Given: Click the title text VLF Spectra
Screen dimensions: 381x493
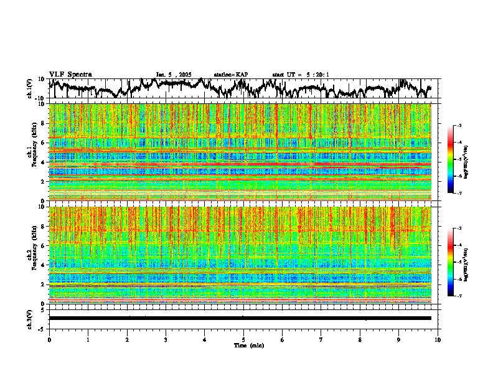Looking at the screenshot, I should pyautogui.click(x=70, y=74).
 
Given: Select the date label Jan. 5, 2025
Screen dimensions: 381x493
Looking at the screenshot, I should pyautogui.click(x=174, y=74).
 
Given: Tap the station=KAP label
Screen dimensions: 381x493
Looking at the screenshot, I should pyautogui.click(x=230, y=74).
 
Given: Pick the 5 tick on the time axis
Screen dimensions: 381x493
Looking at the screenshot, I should pyautogui.click(x=243, y=339).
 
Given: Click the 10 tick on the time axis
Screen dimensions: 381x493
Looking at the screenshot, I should pyautogui.click(x=438, y=339).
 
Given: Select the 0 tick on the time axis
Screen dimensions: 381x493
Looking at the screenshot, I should pyautogui.click(x=49, y=339).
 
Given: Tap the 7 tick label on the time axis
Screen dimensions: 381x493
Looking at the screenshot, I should pyautogui.click(x=321, y=339).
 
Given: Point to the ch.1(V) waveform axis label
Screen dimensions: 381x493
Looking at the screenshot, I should pyautogui.click(x=31, y=88).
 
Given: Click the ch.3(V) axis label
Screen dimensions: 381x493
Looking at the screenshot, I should pyautogui.click(x=31, y=318).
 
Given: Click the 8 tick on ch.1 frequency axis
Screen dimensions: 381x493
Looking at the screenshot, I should pyautogui.click(x=44, y=123).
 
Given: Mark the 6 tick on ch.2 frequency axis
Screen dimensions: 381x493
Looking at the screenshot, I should pyautogui.click(x=44, y=246).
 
